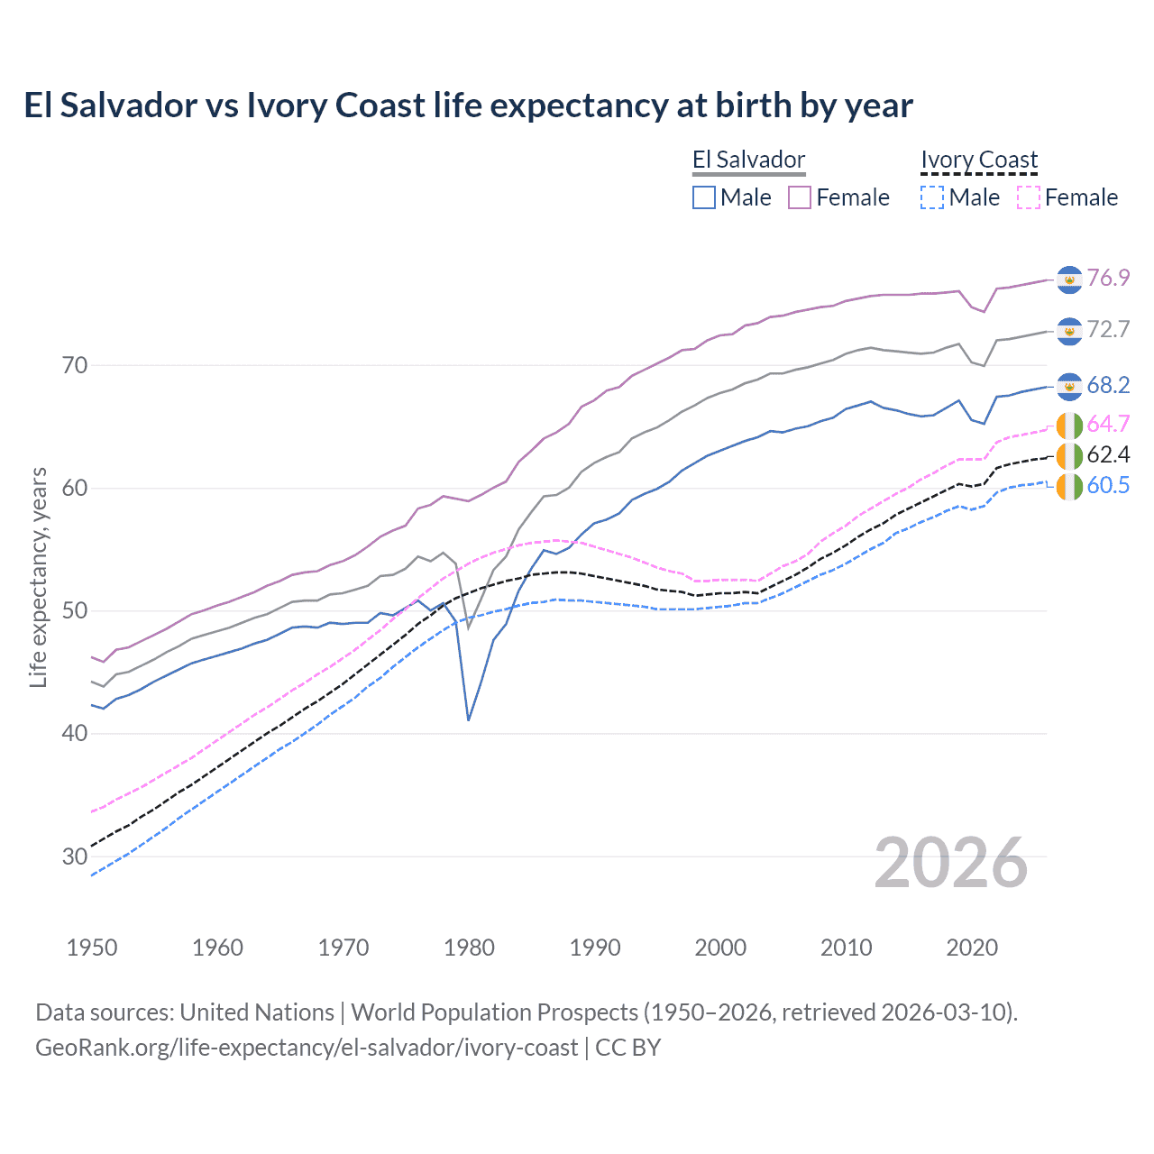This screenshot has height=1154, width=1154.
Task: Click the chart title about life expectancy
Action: coord(468,105)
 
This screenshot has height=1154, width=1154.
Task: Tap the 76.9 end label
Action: coord(1108,278)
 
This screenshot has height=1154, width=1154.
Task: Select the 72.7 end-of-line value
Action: coord(1108,330)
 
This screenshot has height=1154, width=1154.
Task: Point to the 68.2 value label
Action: coord(1108,386)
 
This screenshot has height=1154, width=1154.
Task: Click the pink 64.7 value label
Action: coord(1108,425)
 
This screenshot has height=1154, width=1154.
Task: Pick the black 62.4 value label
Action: coord(1108,454)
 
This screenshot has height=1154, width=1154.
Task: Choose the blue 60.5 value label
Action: coord(1108,486)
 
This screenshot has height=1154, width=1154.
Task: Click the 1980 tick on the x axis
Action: coord(470,948)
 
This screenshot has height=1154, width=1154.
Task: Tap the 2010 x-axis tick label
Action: coord(846,948)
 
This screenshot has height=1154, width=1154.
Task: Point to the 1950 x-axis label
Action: coord(92,948)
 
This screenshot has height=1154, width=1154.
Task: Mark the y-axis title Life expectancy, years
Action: coord(38,577)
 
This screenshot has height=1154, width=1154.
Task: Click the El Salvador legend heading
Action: coord(748,160)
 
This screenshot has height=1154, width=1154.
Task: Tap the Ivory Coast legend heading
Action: coord(979,160)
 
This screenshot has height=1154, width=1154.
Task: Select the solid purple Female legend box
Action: coord(800,197)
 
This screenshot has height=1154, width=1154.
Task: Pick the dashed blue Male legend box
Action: coord(932,197)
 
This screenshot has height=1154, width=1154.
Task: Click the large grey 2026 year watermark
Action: coord(951,864)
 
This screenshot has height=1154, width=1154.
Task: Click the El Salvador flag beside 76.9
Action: coord(1069,279)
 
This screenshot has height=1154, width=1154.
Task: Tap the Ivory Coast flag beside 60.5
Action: coord(1069,487)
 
